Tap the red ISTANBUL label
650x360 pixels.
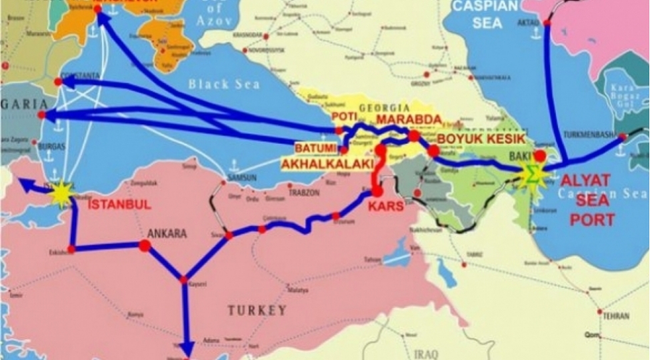point(120,205)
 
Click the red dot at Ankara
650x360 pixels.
point(145,246)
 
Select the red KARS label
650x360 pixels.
point(386,207)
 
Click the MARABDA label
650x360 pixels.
point(409,119)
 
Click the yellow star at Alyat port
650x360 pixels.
point(533,173)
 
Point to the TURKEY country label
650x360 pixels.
point(257,310)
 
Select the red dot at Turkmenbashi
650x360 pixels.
point(622,137)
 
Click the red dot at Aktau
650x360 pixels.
point(547,23)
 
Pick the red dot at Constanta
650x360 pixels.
point(59,82)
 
